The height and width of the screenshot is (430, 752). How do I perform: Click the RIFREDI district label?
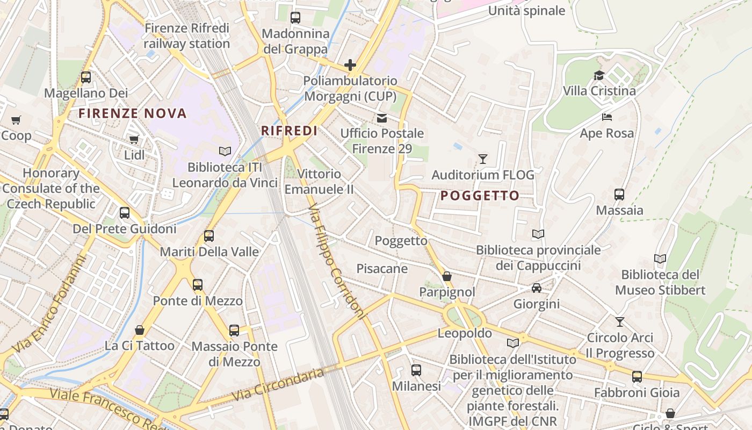click(289, 131)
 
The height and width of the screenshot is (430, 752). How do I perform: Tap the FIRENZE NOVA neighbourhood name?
click(133, 113)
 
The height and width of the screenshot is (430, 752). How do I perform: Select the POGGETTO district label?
click(480, 196)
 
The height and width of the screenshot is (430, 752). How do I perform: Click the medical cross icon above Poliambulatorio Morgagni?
click(350, 66)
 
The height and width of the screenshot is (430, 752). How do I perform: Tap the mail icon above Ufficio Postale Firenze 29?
click(382, 118)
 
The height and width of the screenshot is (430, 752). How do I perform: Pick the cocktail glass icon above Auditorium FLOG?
click(483, 159)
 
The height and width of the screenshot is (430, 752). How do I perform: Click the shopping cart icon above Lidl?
click(134, 140)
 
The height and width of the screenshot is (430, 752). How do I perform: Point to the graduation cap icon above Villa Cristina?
click(599, 75)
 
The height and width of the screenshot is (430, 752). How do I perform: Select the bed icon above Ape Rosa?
click(607, 117)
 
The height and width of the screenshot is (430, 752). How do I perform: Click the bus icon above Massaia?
click(619, 195)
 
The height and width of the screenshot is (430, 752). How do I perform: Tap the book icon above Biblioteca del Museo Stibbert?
click(660, 259)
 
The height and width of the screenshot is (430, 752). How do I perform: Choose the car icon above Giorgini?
click(536, 289)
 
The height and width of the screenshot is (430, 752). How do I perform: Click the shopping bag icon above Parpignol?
click(447, 276)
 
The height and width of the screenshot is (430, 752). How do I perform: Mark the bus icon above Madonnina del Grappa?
click(295, 18)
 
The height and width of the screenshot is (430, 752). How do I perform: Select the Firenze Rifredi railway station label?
click(187, 35)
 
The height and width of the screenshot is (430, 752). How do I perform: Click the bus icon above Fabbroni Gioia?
click(637, 377)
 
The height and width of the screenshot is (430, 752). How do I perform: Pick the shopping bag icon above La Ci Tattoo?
click(140, 330)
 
